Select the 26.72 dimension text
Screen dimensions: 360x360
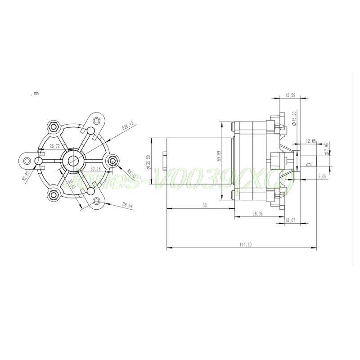55,146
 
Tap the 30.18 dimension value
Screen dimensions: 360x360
95,169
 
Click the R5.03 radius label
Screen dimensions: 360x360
131,173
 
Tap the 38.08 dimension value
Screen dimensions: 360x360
257,214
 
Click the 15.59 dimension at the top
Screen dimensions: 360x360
291,95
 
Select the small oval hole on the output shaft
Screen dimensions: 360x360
308,165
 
